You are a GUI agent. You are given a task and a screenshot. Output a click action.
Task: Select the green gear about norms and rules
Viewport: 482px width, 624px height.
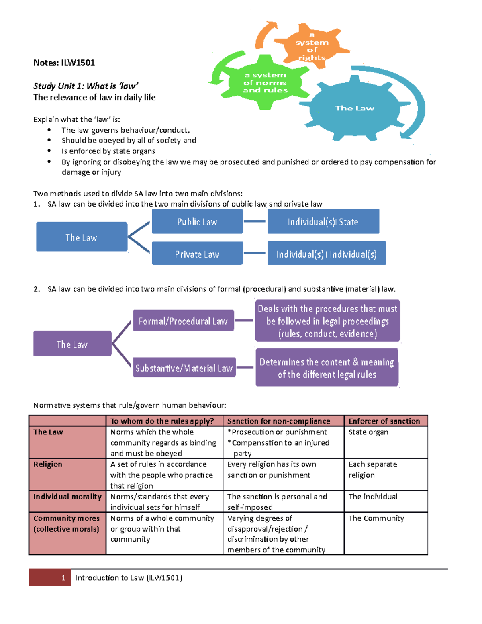tap(265, 83)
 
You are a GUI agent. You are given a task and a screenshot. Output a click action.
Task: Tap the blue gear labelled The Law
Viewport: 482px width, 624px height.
tap(354, 108)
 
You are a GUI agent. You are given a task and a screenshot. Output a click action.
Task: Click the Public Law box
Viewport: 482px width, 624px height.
tap(197, 221)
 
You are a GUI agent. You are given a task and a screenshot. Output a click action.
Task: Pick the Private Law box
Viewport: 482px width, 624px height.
tap(197, 254)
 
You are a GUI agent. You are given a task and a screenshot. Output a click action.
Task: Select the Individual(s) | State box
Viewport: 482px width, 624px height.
tap(323, 221)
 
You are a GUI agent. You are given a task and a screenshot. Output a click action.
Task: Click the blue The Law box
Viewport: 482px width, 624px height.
tap(82, 237)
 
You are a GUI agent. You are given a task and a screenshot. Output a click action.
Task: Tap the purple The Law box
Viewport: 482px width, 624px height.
tap(72, 344)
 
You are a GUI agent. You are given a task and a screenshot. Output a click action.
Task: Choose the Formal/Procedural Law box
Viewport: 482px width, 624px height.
tap(183, 321)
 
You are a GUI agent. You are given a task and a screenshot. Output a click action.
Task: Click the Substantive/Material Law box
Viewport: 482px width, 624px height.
tap(184, 368)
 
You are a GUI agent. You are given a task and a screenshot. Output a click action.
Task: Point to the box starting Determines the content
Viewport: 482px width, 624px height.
tap(327, 368)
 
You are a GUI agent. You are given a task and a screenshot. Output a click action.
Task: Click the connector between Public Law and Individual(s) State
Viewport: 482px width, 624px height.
tap(255, 221)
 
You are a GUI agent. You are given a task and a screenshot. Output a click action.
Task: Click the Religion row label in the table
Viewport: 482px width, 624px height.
tap(48, 464)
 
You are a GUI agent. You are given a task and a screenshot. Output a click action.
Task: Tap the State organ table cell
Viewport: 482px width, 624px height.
tap(368, 432)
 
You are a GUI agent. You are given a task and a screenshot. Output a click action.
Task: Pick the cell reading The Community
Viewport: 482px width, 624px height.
tap(376, 518)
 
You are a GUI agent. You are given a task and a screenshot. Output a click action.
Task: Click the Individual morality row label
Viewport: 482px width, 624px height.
tap(67, 497)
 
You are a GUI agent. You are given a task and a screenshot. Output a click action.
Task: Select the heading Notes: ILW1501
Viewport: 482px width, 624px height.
tap(64, 63)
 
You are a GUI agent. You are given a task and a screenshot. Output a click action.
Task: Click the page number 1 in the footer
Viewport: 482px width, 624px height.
tap(63, 578)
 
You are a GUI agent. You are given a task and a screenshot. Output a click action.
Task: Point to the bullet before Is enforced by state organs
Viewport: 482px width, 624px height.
tap(49, 151)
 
